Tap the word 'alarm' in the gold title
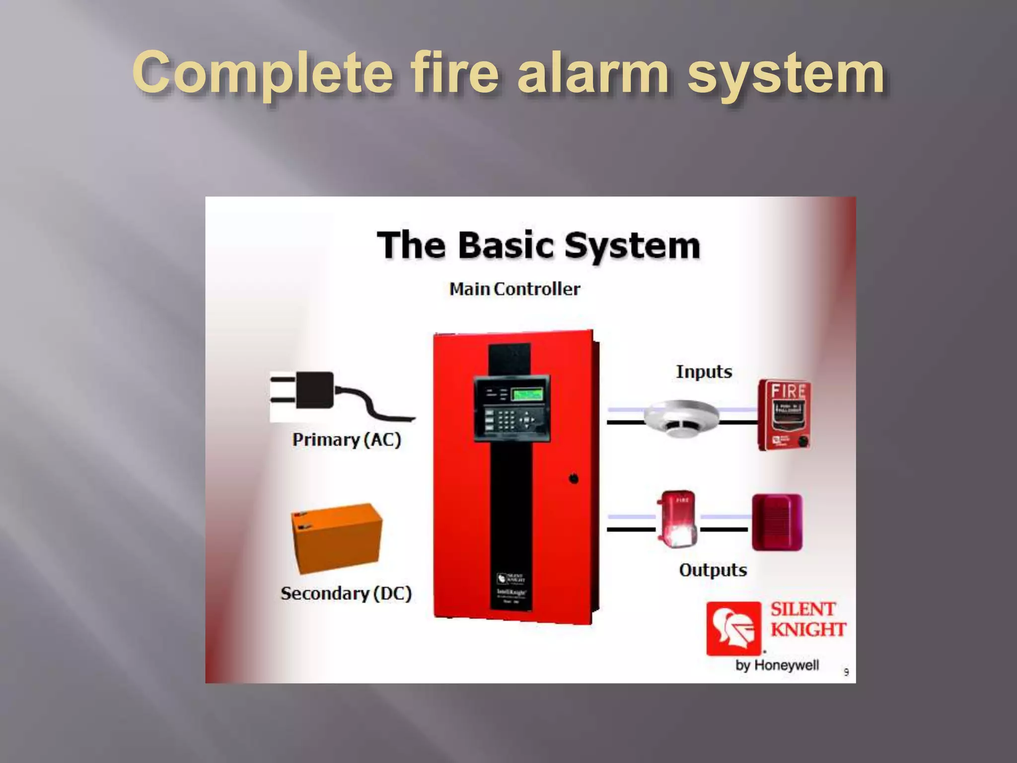[593, 74]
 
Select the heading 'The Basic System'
[538, 245]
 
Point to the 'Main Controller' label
[514, 289]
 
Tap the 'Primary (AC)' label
[346, 440]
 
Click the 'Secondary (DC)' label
[346, 594]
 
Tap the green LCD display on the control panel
[527, 395]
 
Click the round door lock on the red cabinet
[574, 479]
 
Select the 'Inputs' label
[704, 372]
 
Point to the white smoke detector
[681, 418]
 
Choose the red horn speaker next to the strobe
[777, 522]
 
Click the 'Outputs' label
[713, 570]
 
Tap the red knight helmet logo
[733, 628]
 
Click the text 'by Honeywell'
[777, 665]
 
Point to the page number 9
[846, 673]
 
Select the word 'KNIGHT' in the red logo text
[808, 630]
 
